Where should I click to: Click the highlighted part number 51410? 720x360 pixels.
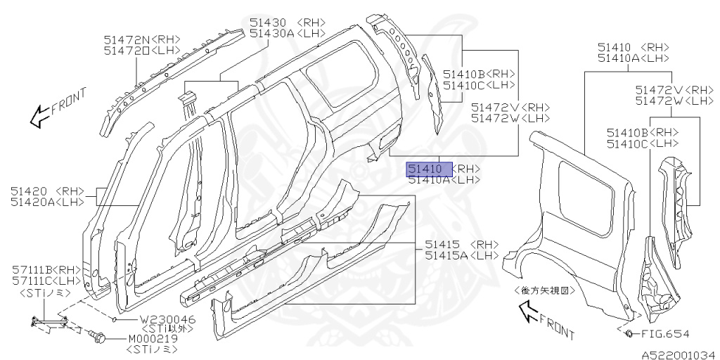[425, 169]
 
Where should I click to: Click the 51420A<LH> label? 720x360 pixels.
[47, 202]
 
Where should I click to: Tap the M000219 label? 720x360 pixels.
[153, 338]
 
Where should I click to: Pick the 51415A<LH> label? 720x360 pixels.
[461, 255]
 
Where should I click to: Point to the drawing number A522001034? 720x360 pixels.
[677, 354]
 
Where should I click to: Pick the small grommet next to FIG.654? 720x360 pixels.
[629, 333]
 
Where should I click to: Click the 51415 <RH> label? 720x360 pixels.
[461, 244]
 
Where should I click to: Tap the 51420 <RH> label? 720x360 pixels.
[47, 191]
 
